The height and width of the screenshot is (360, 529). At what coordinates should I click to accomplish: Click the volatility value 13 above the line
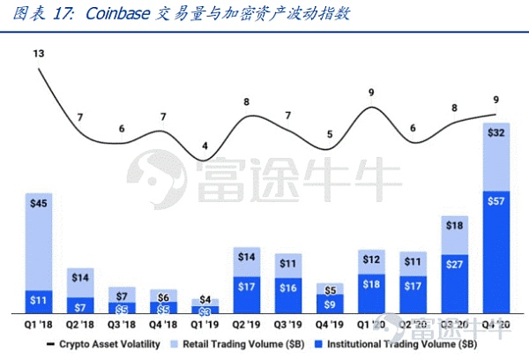[x=39, y=55]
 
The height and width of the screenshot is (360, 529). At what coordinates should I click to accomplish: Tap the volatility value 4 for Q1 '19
[x=205, y=146]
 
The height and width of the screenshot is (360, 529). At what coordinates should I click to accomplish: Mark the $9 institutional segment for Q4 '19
[x=328, y=304]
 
